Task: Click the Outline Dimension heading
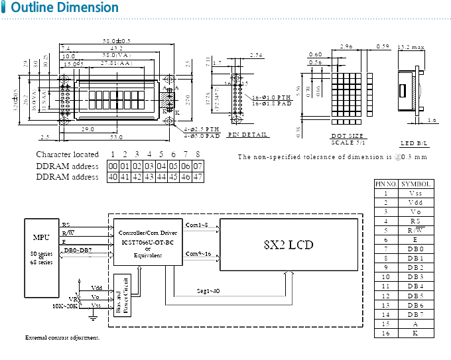click(65, 8)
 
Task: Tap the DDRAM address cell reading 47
click(197, 177)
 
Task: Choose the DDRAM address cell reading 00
click(113, 166)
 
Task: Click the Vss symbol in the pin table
click(415, 193)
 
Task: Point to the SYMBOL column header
click(415, 184)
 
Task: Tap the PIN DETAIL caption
click(248, 135)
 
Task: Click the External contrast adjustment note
click(62, 338)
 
